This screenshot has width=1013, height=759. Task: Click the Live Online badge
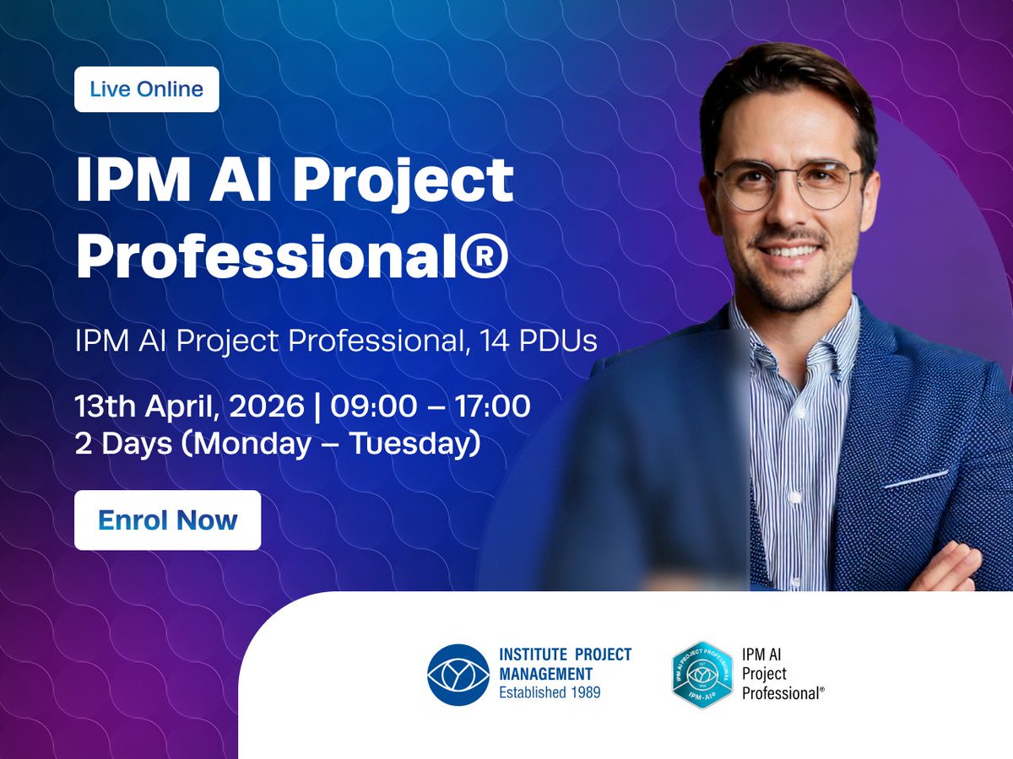click(x=146, y=89)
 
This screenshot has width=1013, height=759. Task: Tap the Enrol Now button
click(x=167, y=520)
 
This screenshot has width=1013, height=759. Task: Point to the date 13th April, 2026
click(x=189, y=406)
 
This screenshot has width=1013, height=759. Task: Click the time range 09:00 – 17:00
click(x=431, y=406)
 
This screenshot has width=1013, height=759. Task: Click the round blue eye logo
click(x=458, y=675)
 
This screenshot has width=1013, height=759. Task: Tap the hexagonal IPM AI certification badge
click(x=702, y=675)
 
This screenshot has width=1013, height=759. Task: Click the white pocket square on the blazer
click(x=916, y=479)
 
